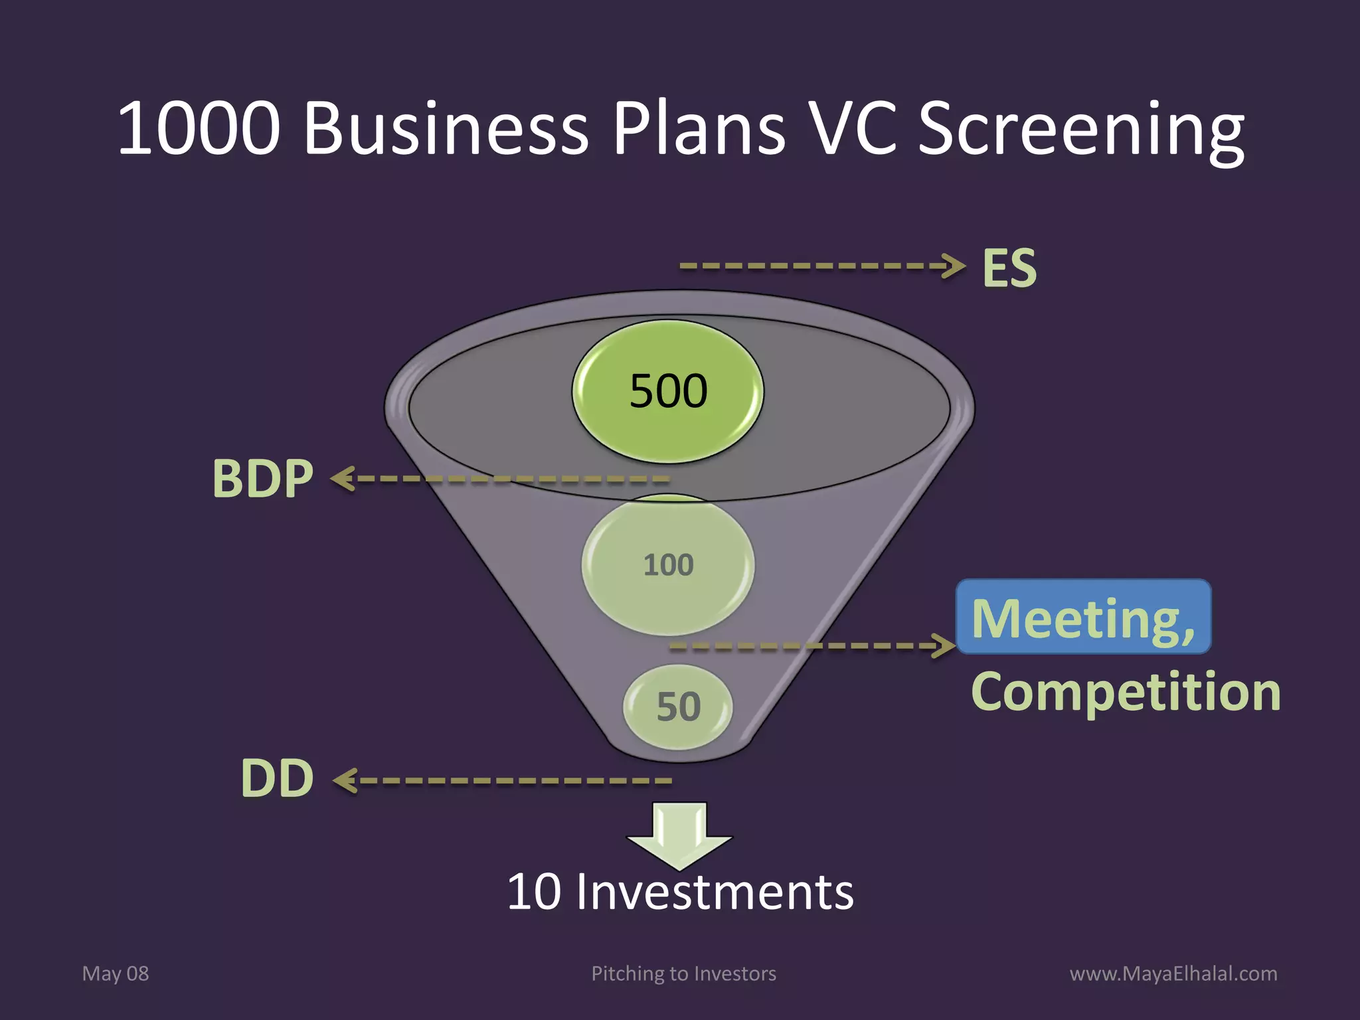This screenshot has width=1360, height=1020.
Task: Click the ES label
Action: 1009,268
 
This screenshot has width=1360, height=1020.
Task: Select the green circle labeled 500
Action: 668,391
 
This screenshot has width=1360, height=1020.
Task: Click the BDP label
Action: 262,478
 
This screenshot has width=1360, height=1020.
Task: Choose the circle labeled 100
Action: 668,564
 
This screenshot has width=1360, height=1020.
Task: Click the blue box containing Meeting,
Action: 1083,617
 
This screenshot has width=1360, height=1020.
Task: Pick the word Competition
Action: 1126,692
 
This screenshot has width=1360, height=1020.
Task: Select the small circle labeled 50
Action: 678,707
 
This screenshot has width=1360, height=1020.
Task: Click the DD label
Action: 277,778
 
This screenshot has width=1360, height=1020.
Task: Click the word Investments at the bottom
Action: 715,892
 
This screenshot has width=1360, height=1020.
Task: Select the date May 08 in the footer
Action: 116,974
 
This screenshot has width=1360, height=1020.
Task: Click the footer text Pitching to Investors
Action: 683,974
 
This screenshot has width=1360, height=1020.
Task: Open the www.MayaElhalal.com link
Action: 1173,974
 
